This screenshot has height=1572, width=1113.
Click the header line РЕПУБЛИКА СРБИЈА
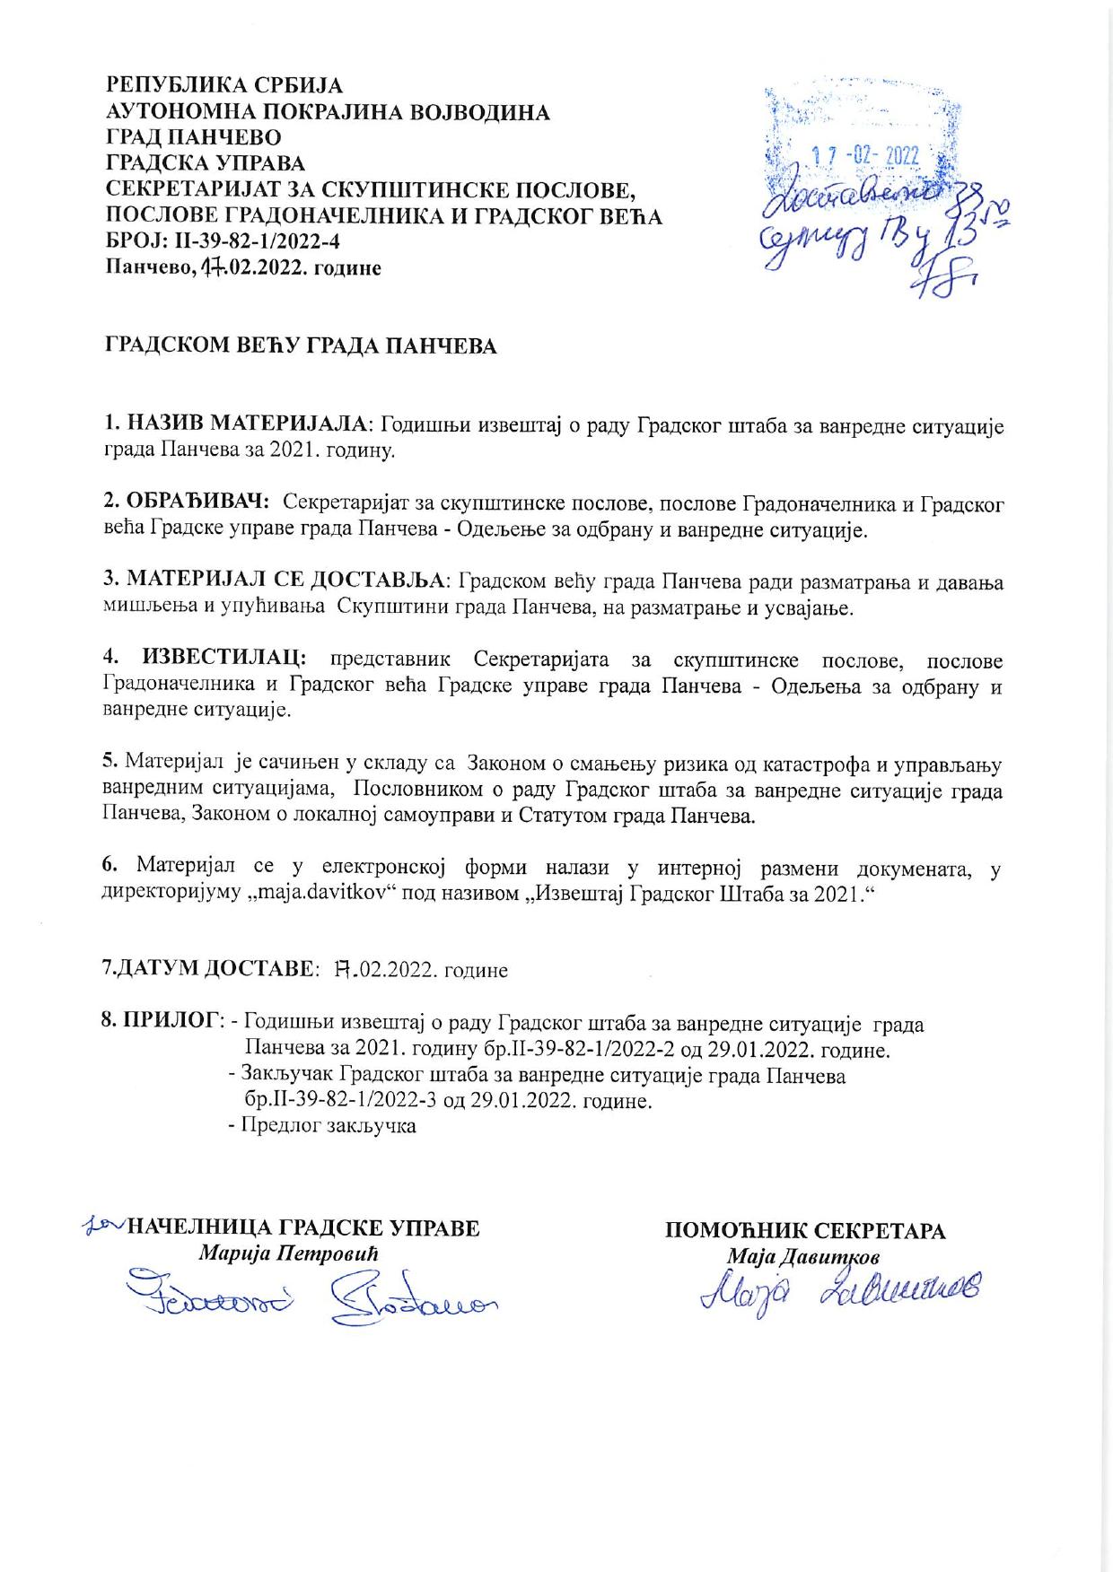[225, 87]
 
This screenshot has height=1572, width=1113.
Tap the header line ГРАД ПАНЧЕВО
[194, 138]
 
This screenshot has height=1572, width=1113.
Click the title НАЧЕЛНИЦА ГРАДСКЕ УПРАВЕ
[304, 1228]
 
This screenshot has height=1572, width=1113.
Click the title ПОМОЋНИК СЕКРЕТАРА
[805, 1230]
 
